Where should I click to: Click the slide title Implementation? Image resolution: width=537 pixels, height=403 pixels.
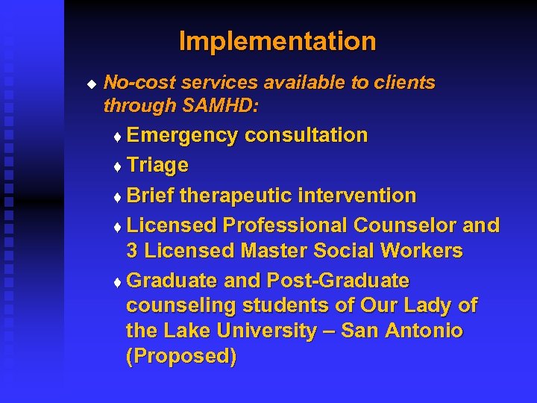[x=277, y=41]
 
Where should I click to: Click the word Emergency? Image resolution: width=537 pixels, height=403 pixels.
[x=183, y=136]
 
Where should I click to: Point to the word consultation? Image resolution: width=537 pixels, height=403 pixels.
[x=306, y=136]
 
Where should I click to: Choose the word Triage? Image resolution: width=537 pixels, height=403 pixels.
[x=157, y=165]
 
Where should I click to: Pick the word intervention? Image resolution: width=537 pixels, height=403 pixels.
[x=357, y=196]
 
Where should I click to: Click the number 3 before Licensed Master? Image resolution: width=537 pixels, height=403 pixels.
[x=133, y=251]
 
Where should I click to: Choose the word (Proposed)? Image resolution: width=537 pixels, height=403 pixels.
[x=181, y=357]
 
